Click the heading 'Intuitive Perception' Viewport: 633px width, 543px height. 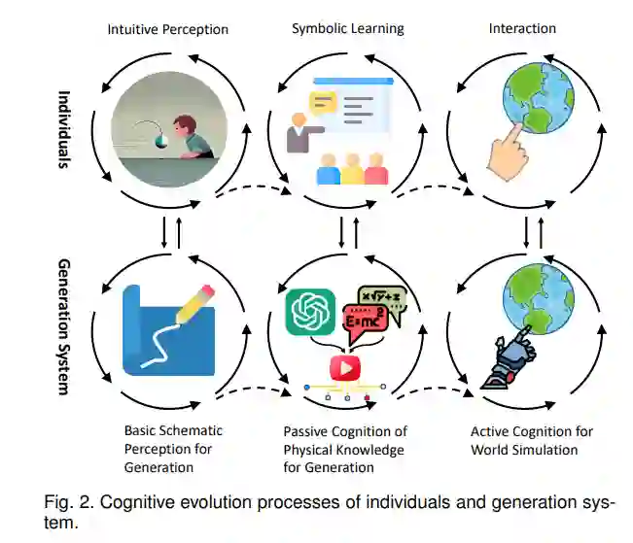167,29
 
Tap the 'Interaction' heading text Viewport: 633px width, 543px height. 522,28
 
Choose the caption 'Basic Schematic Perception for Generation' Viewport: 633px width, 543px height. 173,448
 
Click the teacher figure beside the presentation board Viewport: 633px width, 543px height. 297,135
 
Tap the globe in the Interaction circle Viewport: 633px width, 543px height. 534,98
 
